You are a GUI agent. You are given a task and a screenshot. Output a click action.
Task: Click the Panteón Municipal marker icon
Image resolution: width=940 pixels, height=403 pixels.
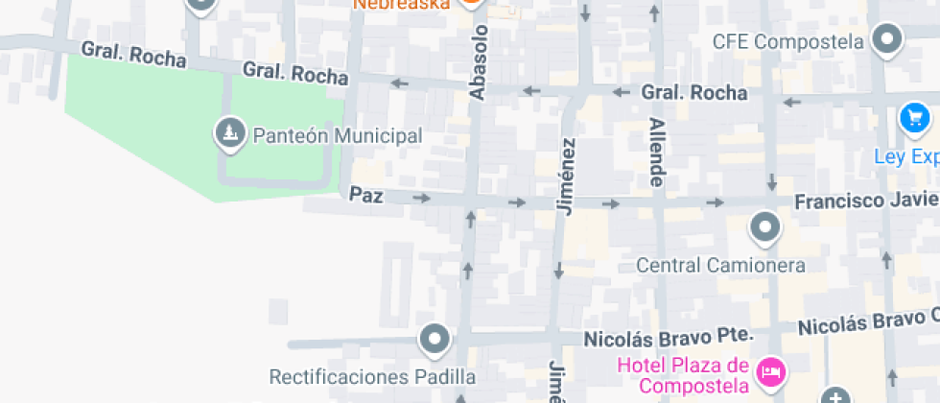tap(228, 134)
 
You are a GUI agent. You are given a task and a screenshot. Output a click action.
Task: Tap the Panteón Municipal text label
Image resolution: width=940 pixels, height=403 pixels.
tap(337, 135)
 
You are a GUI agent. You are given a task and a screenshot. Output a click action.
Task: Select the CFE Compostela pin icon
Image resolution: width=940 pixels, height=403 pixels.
tap(888, 40)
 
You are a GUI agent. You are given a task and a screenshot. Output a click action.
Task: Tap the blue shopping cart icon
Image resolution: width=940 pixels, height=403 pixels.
tap(914, 118)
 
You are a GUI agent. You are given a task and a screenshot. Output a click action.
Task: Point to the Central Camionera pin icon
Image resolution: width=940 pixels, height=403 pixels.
tap(764, 228)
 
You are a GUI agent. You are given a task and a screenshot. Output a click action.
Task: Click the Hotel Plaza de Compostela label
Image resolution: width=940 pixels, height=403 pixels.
tap(682, 375)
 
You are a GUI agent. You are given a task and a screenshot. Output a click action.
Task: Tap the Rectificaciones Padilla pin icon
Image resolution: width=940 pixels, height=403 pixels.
tap(435, 339)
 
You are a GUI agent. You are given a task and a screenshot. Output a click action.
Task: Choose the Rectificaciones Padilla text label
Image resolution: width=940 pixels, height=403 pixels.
tap(372, 376)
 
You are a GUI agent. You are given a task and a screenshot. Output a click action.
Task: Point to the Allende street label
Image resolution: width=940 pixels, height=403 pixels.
tap(657, 152)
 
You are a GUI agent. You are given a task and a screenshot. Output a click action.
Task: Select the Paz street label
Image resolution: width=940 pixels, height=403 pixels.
tap(366, 195)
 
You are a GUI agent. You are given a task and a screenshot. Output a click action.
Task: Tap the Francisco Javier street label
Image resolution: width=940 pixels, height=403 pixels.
tap(865, 201)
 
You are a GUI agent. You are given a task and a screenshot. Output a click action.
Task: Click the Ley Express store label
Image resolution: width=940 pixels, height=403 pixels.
tap(905, 156)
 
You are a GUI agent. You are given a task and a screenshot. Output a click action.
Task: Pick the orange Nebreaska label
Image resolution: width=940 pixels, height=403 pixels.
tap(403, 4)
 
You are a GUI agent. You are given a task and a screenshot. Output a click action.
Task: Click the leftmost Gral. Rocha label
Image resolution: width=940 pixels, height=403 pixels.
tap(133, 55)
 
